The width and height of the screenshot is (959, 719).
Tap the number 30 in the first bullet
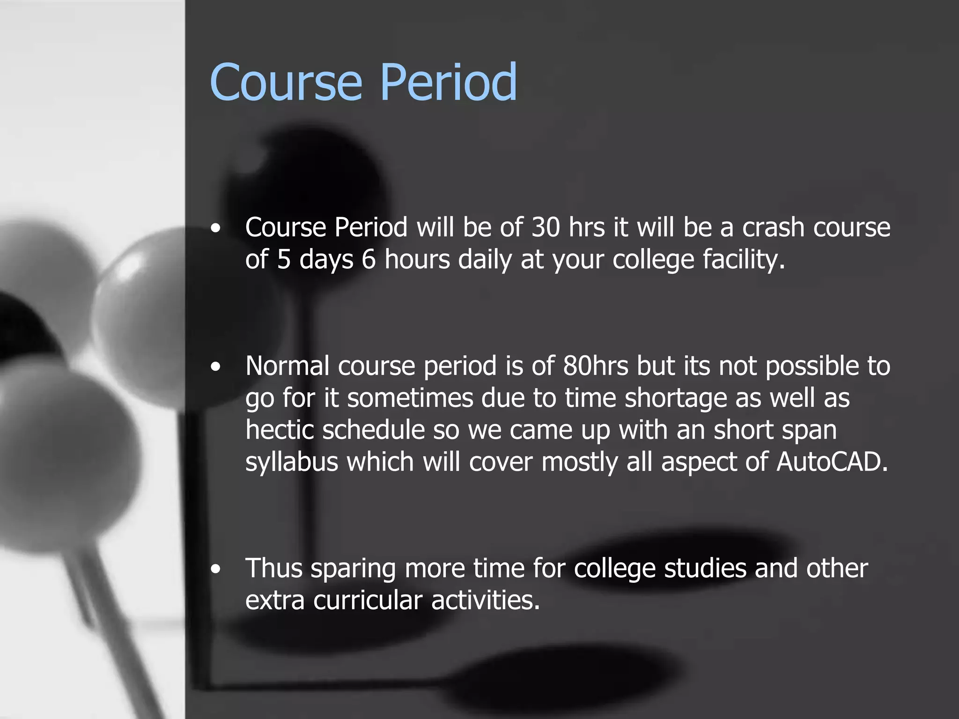pyautogui.click(x=546, y=227)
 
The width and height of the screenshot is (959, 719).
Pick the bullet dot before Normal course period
pyautogui.click(x=215, y=367)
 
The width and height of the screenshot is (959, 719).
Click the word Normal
pyautogui.click(x=288, y=366)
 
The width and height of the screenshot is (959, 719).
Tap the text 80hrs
pyautogui.click(x=596, y=366)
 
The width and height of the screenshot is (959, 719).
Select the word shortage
pyautogui.click(x=675, y=398)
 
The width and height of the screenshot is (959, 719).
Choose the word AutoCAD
pyautogui.click(x=832, y=462)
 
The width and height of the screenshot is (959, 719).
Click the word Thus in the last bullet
pyautogui.click(x=274, y=568)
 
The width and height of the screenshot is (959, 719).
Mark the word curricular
pyautogui.click(x=368, y=601)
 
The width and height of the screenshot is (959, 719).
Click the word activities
pyautogui.click(x=486, y=601)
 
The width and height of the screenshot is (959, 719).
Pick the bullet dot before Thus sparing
pyautogui.click(x=215, y=569)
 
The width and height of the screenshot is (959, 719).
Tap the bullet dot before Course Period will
pyautogui.click(x=215, y=228)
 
